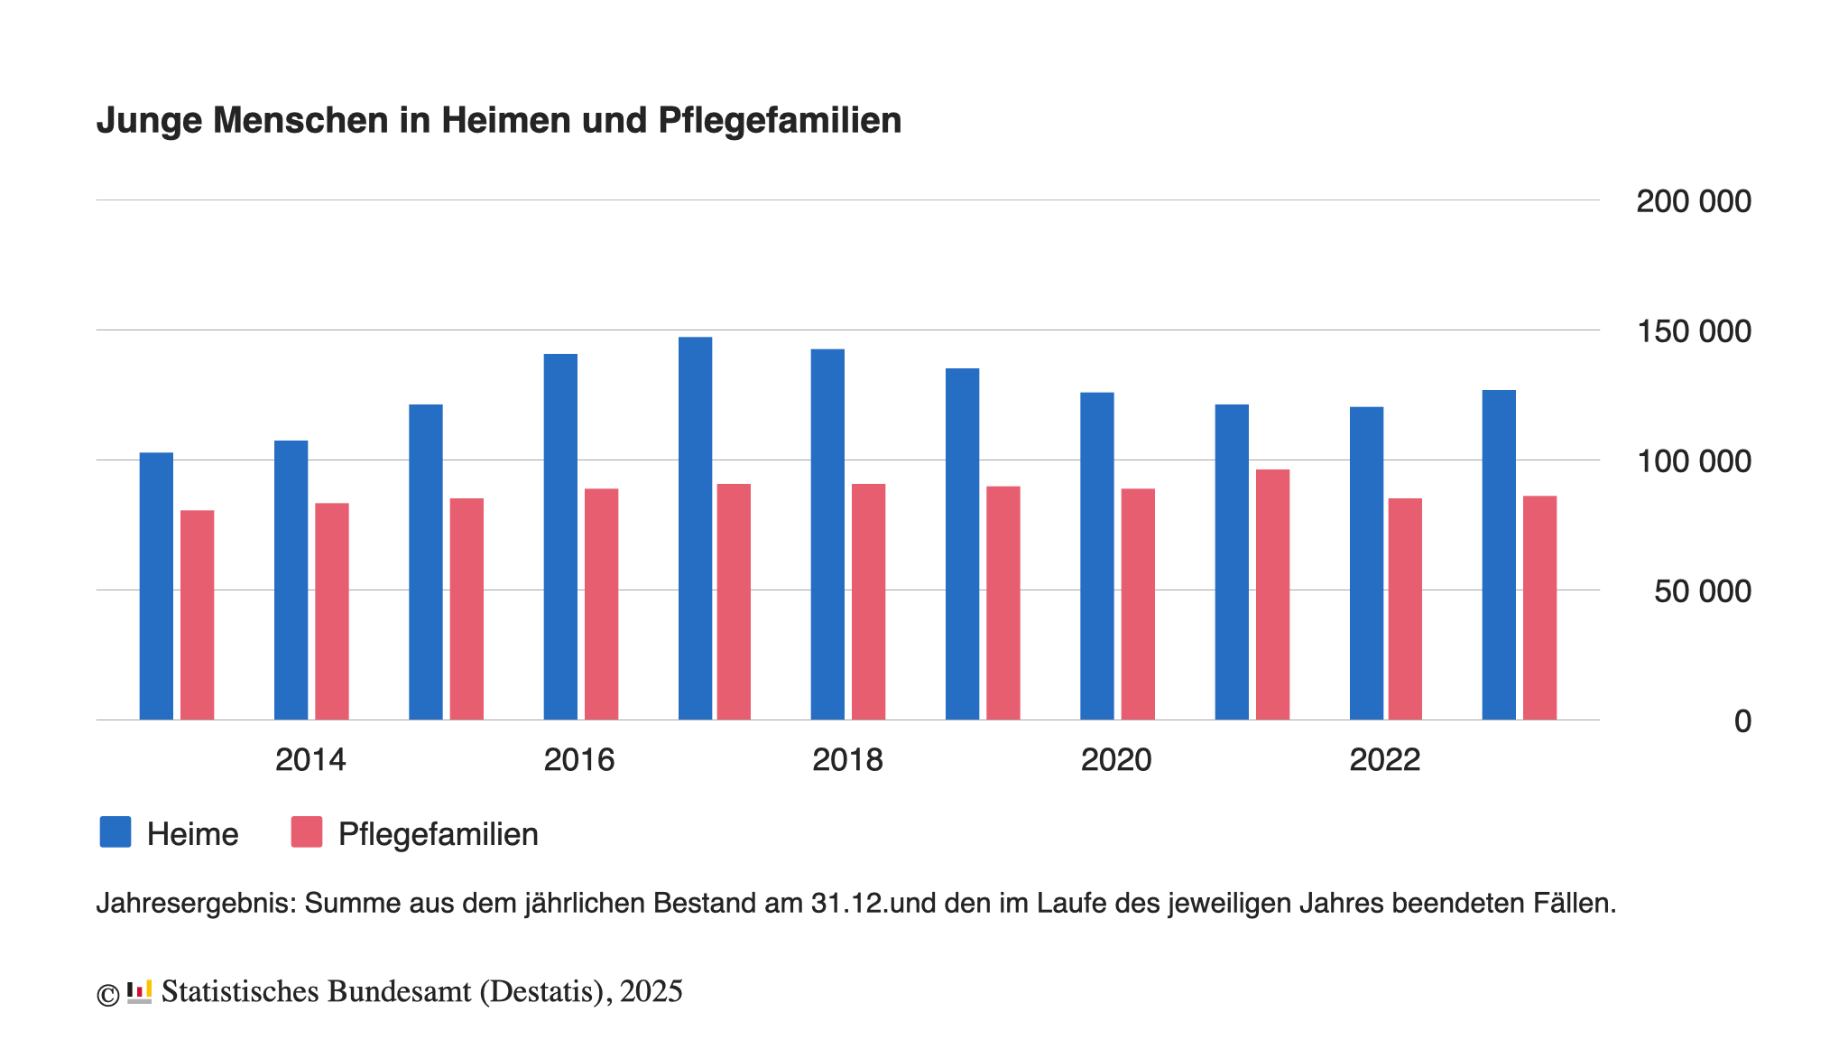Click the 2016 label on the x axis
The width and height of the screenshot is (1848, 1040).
click(578, 760)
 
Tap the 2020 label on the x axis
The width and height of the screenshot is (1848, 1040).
click(1115, 760)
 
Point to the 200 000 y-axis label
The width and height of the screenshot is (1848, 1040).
click(1693, 201)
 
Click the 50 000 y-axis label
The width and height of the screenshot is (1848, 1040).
click(1702, 591)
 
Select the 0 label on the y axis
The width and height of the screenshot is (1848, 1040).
click(1742, 721)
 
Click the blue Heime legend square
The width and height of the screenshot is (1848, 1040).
click(115, 832)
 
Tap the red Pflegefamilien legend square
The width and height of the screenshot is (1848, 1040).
click(307, 832)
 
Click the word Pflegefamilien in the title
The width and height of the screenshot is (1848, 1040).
click(780, 121)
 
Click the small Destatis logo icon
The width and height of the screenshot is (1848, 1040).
click(139, 991)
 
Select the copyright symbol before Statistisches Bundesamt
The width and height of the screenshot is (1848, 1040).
click(107, 995)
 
